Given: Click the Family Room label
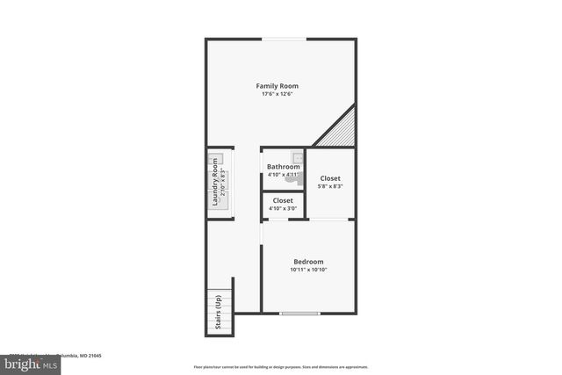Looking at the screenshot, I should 277,86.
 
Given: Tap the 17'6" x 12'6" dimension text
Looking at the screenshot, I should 277,95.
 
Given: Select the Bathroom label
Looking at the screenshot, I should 284,167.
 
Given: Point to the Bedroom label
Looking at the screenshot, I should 308,262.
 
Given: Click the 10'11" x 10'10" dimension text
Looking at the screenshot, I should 308,270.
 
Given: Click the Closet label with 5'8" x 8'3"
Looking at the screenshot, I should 330,178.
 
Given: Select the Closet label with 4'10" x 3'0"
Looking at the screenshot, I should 283,201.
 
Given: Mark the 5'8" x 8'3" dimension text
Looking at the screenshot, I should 330,186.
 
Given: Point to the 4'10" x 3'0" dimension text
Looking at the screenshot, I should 283,209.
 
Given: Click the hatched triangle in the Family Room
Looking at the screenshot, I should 342,131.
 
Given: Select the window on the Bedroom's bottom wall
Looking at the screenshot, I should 299,314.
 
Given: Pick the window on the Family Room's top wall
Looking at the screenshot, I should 281,39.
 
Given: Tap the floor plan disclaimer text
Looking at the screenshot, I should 281,367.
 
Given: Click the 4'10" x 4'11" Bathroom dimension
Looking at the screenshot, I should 284,175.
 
